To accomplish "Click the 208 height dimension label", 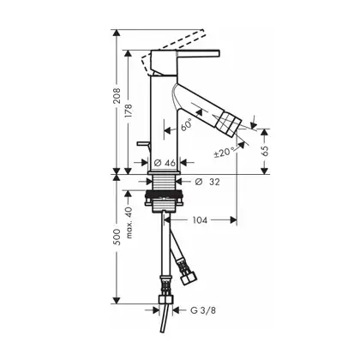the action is point(117,96).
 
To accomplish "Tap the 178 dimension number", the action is point(129,112).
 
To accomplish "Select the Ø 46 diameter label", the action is point(165,163).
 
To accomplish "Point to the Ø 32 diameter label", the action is point(207,182).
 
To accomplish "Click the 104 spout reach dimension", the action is point(200,220).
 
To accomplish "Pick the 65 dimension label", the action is point(265,151).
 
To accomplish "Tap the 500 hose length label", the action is point(117,237).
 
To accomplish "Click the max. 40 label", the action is point(129,223).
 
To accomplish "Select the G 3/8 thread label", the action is point(203,310).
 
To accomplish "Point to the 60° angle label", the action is point(186,125).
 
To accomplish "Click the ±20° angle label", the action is point(225,152).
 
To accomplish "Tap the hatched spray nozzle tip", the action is point(227,125).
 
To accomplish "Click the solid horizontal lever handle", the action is point(198,55).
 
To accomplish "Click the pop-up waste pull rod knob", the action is point(143,144).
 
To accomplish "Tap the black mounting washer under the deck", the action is point(165,195).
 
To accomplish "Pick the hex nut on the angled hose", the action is point(189,278).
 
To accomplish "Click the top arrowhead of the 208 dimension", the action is point(116,33).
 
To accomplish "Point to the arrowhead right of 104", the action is point(234,220).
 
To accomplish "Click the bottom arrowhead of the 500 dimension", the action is point(116,301).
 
